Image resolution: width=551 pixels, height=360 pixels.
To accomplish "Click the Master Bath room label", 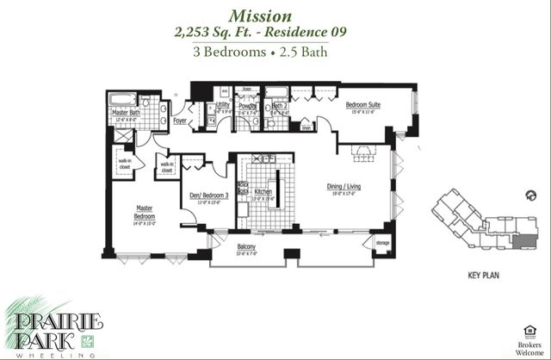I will pos(126,113).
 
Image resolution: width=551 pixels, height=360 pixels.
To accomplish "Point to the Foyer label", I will pos(180,121).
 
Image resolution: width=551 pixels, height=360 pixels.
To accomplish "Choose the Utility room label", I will pos(222,104).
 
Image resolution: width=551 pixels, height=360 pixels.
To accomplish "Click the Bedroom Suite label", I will pos(363,105).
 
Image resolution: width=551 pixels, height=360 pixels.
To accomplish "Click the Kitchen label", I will pos(263,192).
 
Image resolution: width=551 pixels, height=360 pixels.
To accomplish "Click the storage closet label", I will pos(382,245).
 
